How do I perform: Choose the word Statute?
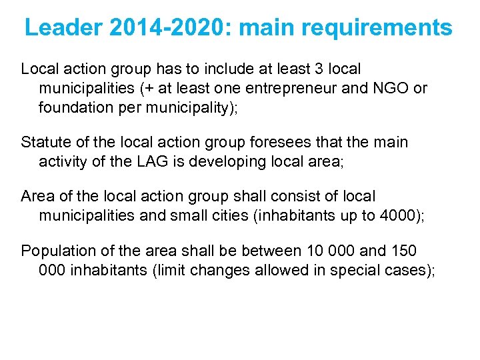[x=45, y=143]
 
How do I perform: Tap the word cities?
[x=239, y=215]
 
